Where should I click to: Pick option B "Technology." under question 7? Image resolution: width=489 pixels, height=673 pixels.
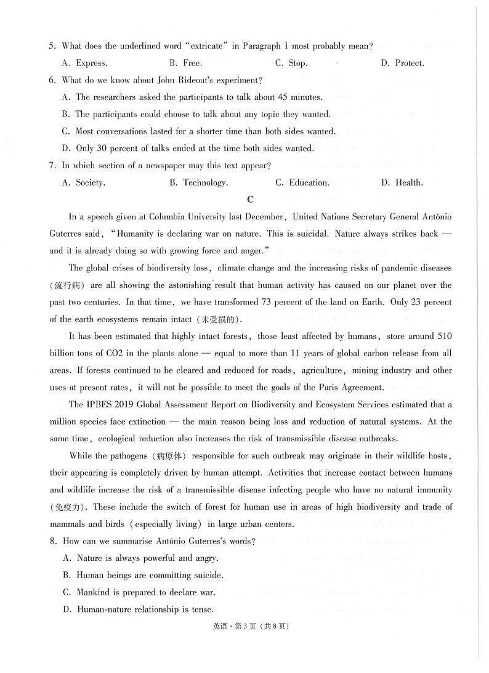198,182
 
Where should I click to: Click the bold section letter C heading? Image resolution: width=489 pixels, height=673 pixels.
249,199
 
